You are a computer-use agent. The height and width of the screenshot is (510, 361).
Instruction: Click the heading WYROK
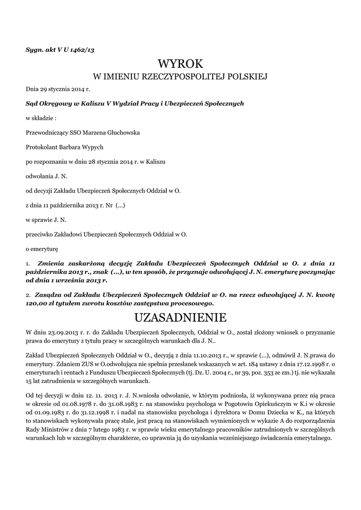pos(180,64)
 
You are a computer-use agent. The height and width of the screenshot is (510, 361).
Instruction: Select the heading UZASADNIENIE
pos(180,317)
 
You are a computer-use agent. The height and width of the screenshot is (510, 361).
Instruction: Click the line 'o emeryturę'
pos(42,248)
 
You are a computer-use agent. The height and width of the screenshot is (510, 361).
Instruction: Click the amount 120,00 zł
pos(42,303)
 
